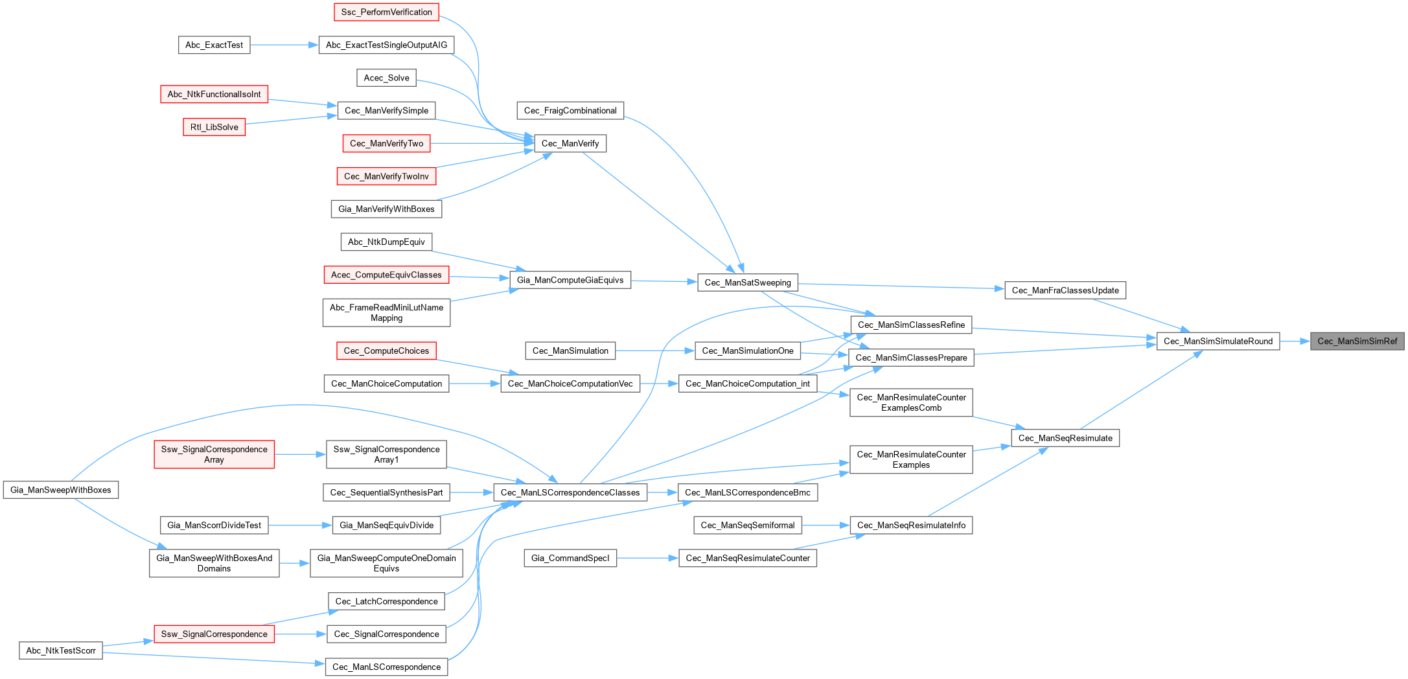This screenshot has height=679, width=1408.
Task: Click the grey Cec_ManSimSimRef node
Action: point(1357,341)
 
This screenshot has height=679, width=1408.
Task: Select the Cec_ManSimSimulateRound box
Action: point(1218,341)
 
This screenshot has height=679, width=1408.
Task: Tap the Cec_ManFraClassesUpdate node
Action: point(1065,290)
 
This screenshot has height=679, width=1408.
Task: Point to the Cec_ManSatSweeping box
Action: point(747,282)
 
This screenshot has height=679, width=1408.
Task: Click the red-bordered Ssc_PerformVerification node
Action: point(386,12)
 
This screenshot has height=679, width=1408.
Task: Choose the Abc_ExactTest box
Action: point(214,45)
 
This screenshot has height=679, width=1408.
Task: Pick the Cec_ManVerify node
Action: point(570,143)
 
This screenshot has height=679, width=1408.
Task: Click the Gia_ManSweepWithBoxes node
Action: point(61,490)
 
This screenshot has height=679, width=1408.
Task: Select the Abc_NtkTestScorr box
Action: point(61,650)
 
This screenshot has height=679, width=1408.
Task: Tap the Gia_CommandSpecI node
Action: point(570,558)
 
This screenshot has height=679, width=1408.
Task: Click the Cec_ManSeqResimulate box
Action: point(1065,438)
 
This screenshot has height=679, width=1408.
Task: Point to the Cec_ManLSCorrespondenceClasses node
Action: point(570,492)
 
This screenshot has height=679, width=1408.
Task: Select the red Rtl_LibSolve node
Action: point(214,127)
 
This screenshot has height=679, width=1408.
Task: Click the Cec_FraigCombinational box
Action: point(570,111)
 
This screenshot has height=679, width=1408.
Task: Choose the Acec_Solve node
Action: point(386,78)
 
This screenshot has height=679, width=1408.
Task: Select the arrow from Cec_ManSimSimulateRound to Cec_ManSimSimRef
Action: point(1295,341)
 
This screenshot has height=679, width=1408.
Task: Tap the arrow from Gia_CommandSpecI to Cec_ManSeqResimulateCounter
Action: point(647,558)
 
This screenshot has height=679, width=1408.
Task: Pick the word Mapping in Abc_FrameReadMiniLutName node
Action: point(386,318)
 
